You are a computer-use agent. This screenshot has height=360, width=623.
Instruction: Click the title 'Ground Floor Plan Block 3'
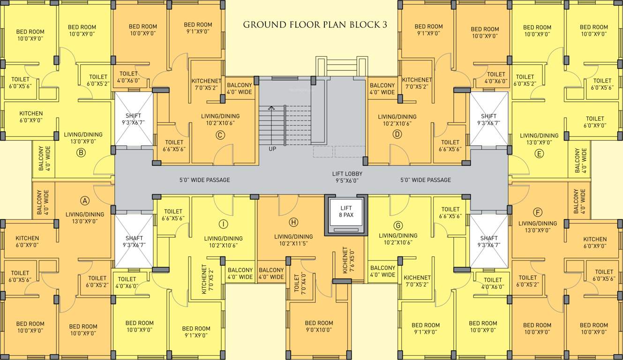(x=315, y=25)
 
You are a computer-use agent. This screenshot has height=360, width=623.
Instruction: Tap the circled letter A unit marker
(x=85, y=201)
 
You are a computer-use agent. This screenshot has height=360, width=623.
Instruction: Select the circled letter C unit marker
(x=220, y=135)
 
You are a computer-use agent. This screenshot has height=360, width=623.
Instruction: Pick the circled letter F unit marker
(x=537, y=210)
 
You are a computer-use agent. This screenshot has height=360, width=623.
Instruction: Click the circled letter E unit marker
(x=539, y=153)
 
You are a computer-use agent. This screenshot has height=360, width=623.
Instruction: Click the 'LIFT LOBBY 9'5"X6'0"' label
(x=347, y=177)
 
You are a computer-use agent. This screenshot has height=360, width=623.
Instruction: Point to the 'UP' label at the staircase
(x=272, y=149)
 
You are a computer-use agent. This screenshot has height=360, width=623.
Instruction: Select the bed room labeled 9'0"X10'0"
(x=319, y=326)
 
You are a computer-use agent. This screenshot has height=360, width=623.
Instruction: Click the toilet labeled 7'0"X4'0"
(x=296, y=284)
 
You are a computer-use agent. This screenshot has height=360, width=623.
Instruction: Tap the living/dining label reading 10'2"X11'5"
(x=293, y=240)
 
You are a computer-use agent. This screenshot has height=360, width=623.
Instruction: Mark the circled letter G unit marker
(x=398, y=225)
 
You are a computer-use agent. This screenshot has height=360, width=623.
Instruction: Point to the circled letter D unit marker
(x=398, y=135)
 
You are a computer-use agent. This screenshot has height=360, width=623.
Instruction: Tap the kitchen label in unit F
(x=595, y=242)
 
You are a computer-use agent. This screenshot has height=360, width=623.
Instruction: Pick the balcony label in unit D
(x=382, y=89)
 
